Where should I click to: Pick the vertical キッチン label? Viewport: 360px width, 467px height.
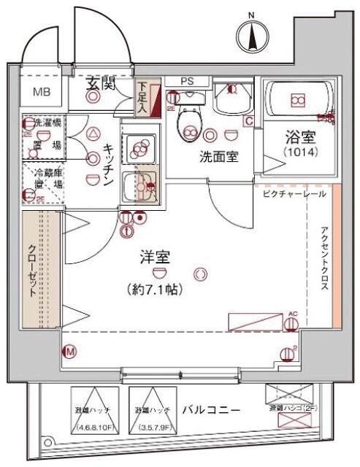click(x=107, y=164)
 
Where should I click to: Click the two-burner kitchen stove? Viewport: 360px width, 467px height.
click(x=138, y=149)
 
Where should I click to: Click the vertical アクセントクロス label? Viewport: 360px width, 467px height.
click(x=324, y=260)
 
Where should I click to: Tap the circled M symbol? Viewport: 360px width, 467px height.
click(x=71, y=352)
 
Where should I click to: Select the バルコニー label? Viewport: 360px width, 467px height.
click(x=211, y=410)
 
